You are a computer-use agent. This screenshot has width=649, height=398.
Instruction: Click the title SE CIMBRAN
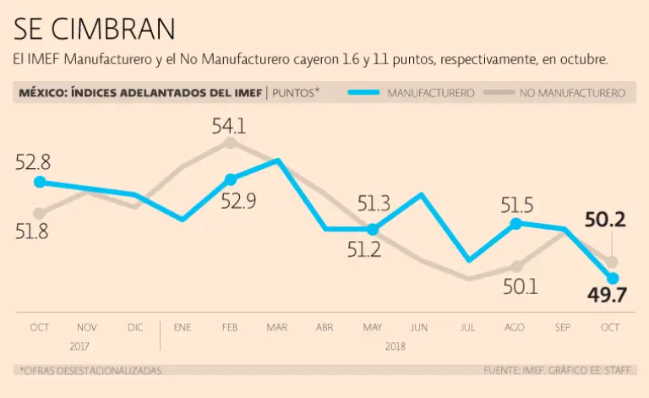point(95,29)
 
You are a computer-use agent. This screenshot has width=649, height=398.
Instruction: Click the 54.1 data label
point(229,127)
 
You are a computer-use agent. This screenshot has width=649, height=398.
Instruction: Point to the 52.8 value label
point(33,162)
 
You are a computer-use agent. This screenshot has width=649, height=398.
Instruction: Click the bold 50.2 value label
point(604,221)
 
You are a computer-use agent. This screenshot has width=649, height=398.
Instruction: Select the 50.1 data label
point(521,287)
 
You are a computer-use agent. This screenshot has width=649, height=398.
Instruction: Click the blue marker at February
point(230,178)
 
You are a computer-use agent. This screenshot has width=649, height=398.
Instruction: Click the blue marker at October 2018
point(613,278)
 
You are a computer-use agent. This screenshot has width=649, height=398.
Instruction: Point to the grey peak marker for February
point(230,143)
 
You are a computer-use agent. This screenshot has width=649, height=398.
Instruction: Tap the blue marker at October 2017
point(39,182)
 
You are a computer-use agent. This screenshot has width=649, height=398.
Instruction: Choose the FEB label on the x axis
point(230,326)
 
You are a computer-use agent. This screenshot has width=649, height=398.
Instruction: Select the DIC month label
point(134,326)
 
